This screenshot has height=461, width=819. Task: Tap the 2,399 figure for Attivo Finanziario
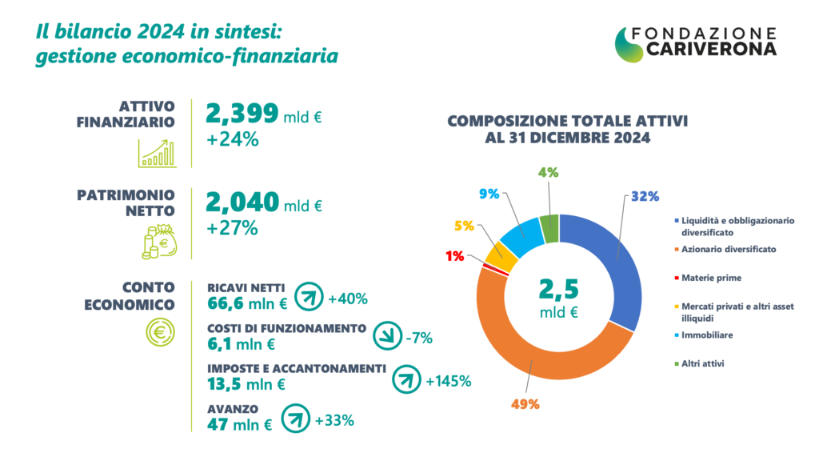click(x=242, y=114)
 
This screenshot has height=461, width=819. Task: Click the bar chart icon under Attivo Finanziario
click(x=157, y=152)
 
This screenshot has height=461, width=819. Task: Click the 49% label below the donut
click(x=525, y=404)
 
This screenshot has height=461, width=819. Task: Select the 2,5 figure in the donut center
click(x=559, y=288)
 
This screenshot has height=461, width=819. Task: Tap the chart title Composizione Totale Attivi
click(x=568, y=122)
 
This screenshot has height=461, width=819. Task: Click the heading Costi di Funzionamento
click(x=286, y=328)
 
